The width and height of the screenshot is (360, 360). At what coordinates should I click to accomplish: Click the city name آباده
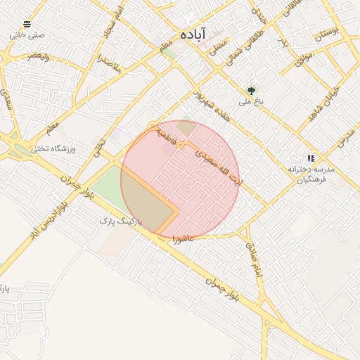point(191,34)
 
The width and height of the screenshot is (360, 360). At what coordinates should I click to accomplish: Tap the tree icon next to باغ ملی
point(251,90)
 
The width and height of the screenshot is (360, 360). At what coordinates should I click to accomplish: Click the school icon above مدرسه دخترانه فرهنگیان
point(311,159)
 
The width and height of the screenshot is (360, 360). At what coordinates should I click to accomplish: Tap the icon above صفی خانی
point(27,24)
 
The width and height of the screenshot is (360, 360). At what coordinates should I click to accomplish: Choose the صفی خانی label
point(27,34)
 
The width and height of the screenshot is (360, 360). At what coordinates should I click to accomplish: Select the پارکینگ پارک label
point(120,221)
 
